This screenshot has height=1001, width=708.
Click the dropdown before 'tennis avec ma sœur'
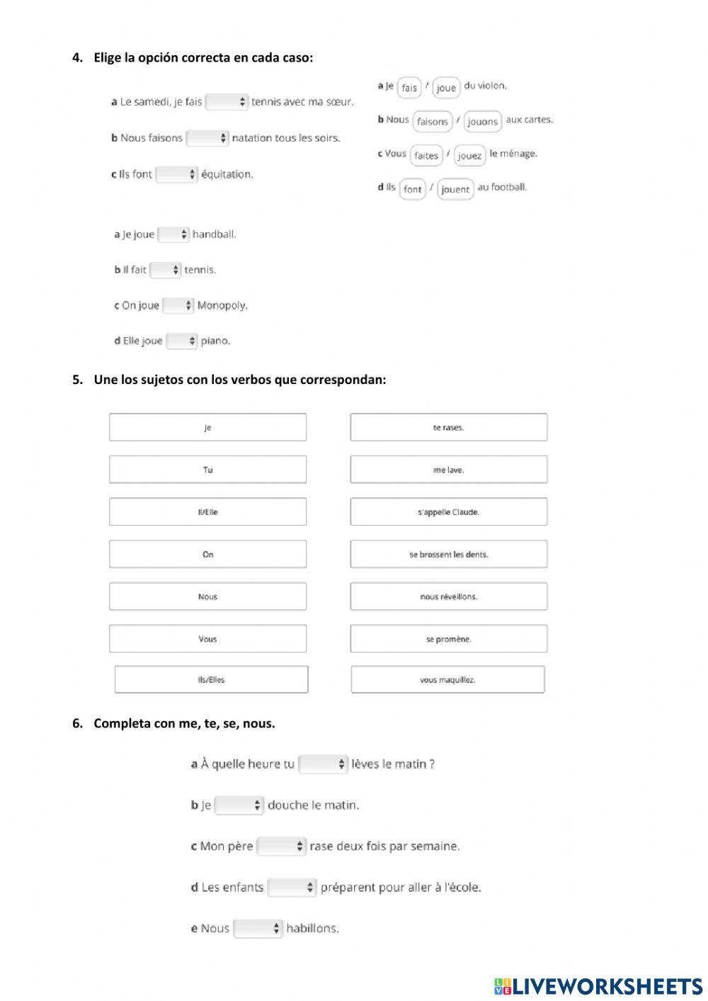pos(227,102)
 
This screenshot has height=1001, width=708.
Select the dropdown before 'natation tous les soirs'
pos(207,138)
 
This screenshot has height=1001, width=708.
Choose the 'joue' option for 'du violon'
pos(446,88)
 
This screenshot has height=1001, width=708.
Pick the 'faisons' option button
pos(432,122)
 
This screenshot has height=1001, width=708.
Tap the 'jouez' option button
pos(469,156)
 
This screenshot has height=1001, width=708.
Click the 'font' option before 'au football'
pos(412,189)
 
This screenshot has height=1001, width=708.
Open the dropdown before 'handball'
pos(173,234)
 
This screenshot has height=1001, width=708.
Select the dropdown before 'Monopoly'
pos(178,305)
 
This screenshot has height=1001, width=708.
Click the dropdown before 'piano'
pos(182,341)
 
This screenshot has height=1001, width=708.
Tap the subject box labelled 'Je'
pos(207,427)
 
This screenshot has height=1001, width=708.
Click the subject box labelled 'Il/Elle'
pos(207,511)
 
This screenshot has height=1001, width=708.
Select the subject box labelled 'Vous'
pos(207,638)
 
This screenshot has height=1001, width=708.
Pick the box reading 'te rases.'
pos(448,427)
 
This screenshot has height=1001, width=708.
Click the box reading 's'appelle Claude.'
pos(448,511)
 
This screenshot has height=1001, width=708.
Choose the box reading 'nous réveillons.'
pos(448,596)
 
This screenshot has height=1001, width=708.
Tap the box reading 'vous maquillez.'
pos(447,679)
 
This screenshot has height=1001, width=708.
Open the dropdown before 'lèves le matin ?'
pos(324,764)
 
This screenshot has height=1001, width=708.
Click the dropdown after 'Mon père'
pos(281,846)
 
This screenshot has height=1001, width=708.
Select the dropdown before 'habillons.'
pos(258,928)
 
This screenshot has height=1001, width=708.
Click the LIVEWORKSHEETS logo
pos(598,986)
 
